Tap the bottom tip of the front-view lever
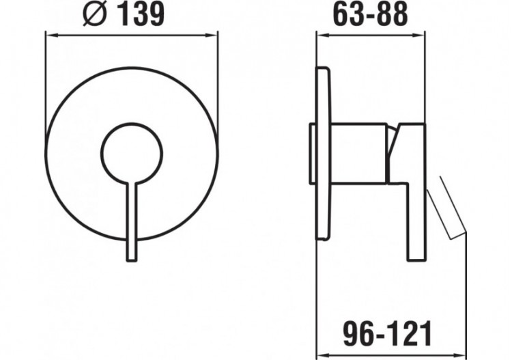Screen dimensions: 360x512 (132, 257)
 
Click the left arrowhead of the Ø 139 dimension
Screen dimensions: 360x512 (48, 31)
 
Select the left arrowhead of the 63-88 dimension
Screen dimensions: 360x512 (320, 31)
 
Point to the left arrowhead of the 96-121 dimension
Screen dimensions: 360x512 (320, 351)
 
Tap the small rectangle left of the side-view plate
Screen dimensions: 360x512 (311, 154)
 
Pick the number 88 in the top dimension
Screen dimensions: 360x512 (393, 13)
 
